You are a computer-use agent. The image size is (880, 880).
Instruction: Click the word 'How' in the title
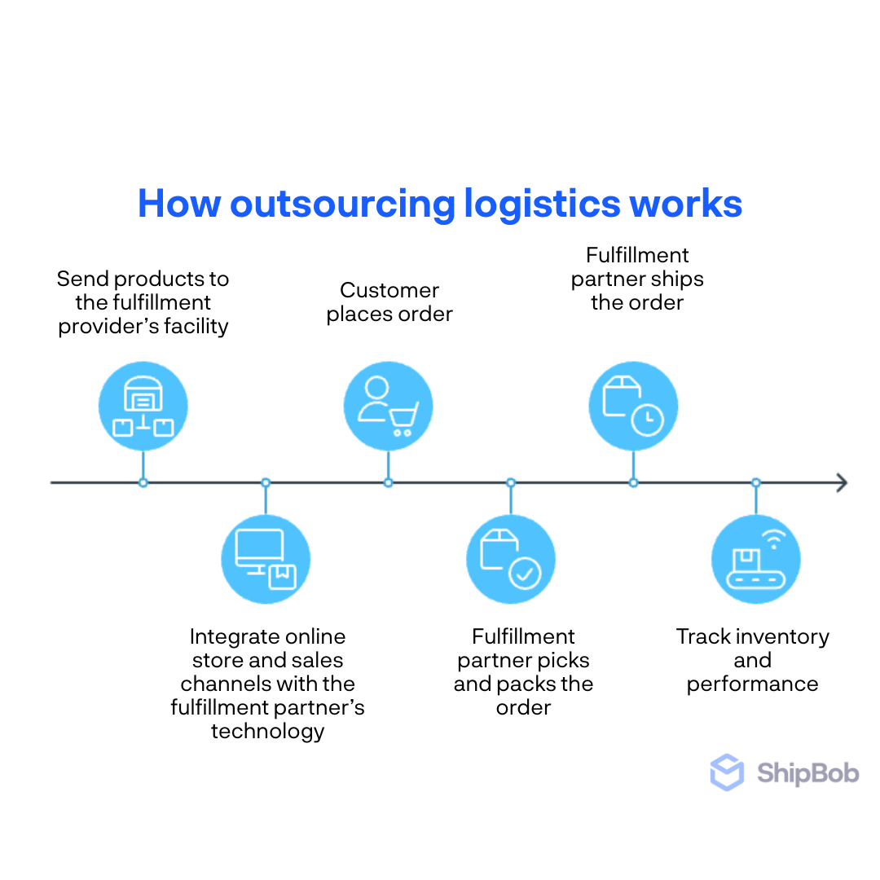[178, 203]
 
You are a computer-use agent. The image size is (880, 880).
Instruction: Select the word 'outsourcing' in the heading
[342, 205]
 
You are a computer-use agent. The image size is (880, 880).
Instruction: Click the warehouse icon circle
[143, 406]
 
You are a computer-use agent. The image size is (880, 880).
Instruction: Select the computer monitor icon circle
[266, 559]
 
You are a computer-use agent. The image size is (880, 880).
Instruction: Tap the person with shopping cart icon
[388, 406]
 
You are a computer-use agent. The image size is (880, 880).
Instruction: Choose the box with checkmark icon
[511, 559]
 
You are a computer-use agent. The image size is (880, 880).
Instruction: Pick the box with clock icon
[633, 406]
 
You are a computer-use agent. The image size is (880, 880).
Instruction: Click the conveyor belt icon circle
[756, 559]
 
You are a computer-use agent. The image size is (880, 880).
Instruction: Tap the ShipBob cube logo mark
[727, 772]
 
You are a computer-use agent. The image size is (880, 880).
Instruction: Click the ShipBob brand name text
[807, 772]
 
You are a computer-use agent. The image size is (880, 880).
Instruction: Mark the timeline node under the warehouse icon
[143, 482]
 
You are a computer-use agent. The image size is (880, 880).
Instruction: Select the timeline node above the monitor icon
[266, 482]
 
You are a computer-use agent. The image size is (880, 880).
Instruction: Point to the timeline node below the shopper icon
[388, 482]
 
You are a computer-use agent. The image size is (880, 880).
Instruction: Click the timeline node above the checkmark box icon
[511, 482]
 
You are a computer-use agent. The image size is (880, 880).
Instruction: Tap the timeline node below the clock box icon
[633, 482]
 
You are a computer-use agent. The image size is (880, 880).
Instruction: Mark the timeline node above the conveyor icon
[756, 482]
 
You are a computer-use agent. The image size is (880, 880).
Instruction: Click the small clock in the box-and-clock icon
[648, 419]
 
